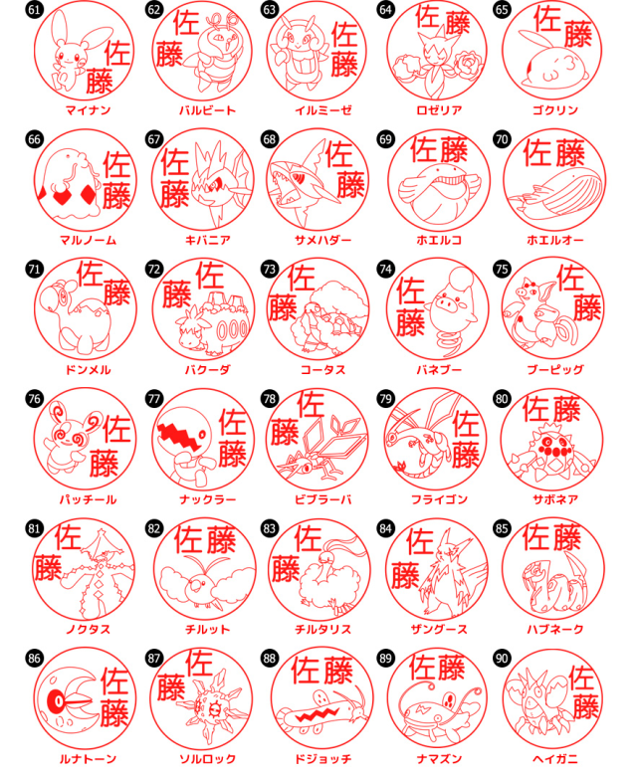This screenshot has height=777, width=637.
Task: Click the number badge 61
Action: (x=34, y=9)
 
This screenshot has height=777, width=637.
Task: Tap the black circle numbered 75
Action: (x=502, y=269)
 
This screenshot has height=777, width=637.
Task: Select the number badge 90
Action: (x=502, y=658)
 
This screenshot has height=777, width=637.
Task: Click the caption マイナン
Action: (x=88, y=110)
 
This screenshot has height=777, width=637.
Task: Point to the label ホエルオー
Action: (x=555, y=240)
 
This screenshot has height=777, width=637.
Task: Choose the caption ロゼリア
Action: (x=439, y=110)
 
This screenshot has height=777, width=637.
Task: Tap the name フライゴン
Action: (x=439, y=499)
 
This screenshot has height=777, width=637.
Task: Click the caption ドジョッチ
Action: (x=323, y=759)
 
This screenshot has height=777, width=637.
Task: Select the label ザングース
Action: (x=439, y=629)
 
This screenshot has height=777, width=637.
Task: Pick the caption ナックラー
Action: (x=208, y=499)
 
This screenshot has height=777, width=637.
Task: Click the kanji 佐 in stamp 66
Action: (x=117, y=164)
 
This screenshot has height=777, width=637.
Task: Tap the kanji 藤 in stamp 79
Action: (x=466, y=455)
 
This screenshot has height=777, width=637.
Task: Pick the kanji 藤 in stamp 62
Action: (x=169, y=54)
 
